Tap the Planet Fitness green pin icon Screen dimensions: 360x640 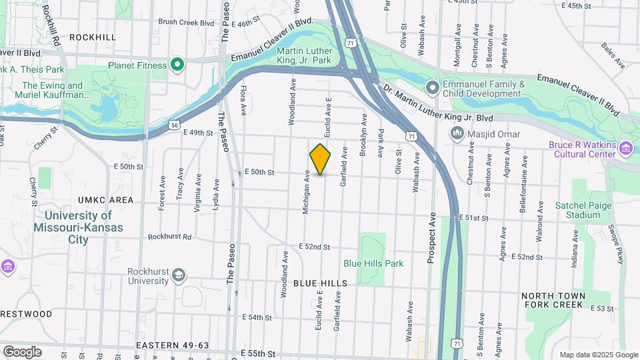177,65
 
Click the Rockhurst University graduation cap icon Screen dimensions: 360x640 178,275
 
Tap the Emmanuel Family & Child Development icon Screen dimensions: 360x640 432,87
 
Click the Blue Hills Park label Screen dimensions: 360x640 373,263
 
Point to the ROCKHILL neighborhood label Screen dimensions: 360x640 92,37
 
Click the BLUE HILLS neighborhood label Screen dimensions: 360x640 320,283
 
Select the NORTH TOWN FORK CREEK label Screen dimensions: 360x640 553,301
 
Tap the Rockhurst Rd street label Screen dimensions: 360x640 169,237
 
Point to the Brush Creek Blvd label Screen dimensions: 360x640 186,22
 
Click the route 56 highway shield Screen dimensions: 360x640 174,124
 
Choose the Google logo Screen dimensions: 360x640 22,351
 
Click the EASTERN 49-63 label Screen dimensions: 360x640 173,345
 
